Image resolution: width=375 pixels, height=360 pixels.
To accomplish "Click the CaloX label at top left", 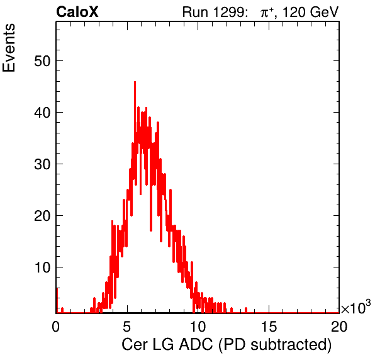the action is click(x=77, y=12).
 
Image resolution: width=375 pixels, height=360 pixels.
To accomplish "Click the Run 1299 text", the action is click(x=215, y=12).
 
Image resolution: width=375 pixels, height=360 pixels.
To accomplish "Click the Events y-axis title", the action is click(x=9, y=48).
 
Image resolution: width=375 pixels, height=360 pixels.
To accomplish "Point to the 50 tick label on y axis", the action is click(x=42, y=61).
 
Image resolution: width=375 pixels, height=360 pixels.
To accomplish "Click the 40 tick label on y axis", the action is click(x=42, y=113).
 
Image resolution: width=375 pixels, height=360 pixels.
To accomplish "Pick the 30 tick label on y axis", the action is click(x=42, y=164).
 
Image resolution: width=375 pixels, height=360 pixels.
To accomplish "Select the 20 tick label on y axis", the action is click(x=42, y=216).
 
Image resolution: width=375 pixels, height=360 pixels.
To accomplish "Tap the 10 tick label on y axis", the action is click(x=42, y=267).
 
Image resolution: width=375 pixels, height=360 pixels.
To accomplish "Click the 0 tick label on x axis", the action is click(x=56, y=326).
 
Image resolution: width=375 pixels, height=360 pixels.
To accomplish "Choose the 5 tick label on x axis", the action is click(x=126, y=326).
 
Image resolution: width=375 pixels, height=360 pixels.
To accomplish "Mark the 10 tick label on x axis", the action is click(x=198, y=326).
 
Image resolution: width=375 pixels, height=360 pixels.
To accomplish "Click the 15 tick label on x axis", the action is click(x=269, y=326).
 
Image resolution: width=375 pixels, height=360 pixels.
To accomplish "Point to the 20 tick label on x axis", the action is click(x=339, y=326).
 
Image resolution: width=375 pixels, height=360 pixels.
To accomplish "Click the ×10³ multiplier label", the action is click(x=356, y=307).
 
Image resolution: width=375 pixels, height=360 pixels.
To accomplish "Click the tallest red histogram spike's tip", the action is click(x=135, y=82).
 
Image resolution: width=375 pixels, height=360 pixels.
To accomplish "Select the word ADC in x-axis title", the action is click(x=196, y=344).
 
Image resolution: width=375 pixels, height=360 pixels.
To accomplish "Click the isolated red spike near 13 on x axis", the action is click(x=246, y=310).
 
